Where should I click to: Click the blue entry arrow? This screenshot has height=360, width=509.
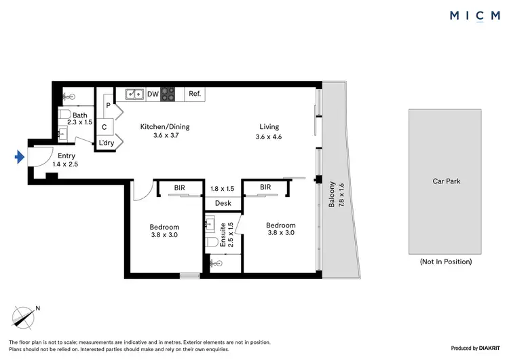tap(19, 158)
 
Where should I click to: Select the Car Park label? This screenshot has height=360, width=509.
tap(447, 181)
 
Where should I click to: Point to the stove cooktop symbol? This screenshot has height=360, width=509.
tap(168, 94)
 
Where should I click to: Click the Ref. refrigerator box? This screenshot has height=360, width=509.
tap(194, 94)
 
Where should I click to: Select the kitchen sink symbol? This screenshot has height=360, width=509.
tap(133, 94)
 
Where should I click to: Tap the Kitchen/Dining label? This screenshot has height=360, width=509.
tap(164, 127)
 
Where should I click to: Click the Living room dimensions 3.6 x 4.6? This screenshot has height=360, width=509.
tap(269, 137)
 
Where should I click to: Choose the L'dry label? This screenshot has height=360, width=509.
tap(106, 143)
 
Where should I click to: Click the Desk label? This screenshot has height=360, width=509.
tap(223, 203)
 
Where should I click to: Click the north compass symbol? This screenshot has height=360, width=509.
tap(24, 317)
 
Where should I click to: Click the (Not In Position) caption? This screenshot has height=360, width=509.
tap(446, 262)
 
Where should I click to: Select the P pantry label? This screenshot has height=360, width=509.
tap(108, 106)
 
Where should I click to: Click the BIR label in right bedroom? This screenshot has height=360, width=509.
tap(265, 187)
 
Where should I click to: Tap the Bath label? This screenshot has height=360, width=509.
tap(80, 115)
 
